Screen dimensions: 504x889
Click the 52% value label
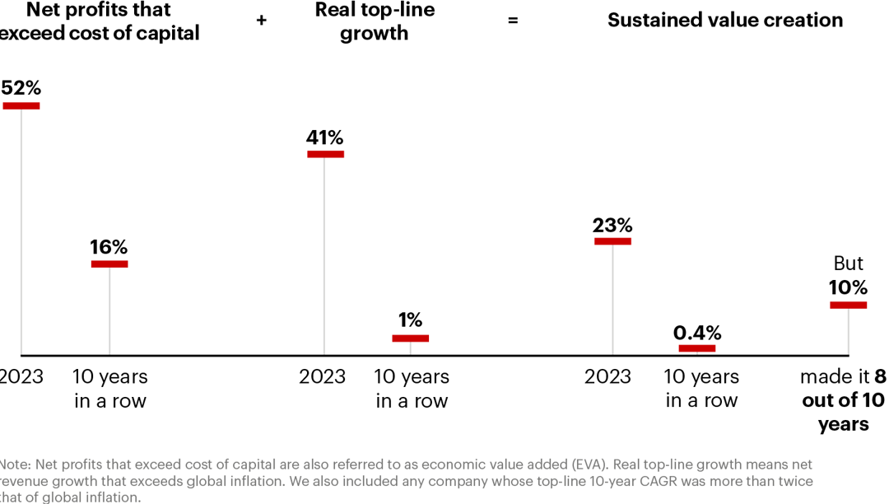click(x=21, y=88)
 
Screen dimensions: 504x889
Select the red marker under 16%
click(x=109, y=264)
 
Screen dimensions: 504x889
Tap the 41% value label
click(x=325, y=138)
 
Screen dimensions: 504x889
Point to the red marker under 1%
click(x=410, y=338)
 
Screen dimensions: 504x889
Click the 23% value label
click(x=612, y=225)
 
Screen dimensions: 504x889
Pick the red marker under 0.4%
click(x=697, y=348)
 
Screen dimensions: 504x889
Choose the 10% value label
click(x=848, y=287)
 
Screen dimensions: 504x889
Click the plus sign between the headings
click(x=262, y=21)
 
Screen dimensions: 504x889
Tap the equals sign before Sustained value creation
click(x=513, y=21)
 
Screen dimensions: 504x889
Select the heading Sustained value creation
click(x=725, y=21)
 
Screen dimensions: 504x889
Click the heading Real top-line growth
click(x=375, y=21)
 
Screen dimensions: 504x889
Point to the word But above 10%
click(x=848, y=264)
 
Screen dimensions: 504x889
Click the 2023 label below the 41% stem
click(x=323, y=377)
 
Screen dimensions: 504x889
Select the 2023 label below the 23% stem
click(x=607, y=377)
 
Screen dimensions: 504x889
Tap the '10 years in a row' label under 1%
click(x=412, y=389)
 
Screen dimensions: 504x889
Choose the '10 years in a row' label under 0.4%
click(x=702, y=389)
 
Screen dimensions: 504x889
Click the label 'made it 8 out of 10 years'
click(x=843, y=400)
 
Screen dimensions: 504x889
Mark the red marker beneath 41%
click(x=325, y=154)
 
